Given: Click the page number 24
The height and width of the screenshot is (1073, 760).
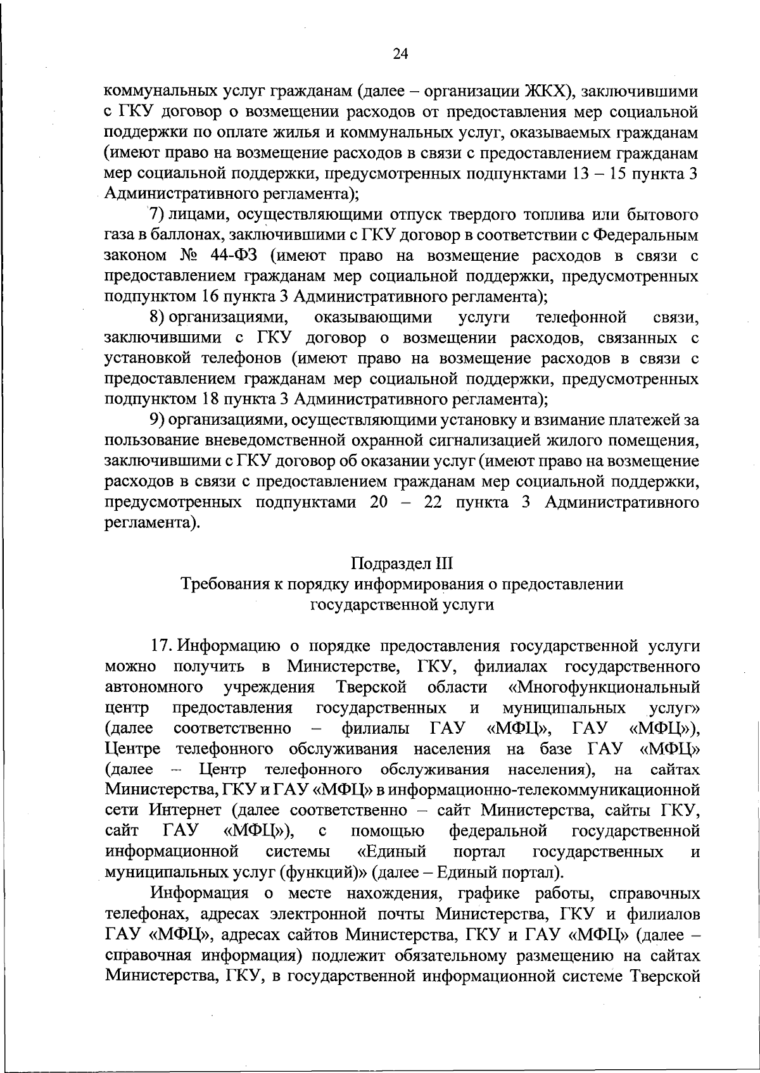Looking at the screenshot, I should tap(400, 54).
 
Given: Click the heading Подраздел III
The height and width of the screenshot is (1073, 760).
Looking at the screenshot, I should tap(402, 563).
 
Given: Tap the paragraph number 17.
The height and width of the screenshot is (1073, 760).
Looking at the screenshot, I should tap(161, 646).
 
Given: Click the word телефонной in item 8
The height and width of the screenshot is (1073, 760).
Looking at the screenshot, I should tap(581, 317).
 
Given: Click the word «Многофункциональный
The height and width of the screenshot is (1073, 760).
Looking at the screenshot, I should tap(604, 687).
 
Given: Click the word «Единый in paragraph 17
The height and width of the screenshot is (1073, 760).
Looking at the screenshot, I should tap(391, 851).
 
